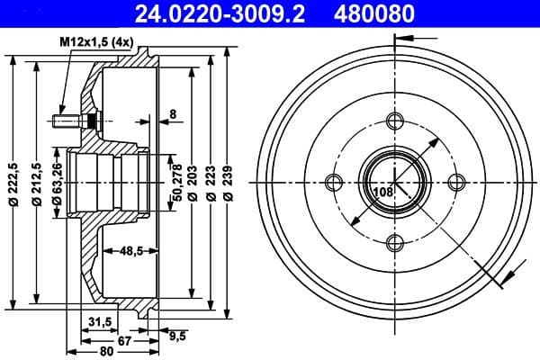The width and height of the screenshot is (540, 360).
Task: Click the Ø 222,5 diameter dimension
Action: tap(13, 184)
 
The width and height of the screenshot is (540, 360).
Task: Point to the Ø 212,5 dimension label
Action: tap(36, 184)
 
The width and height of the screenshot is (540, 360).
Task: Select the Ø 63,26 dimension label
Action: tap(58, 184)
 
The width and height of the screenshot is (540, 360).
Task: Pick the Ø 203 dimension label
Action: tap(193, 184)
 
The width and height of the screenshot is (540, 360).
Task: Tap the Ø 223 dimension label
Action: tap(211, 184)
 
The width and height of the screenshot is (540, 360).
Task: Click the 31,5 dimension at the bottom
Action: tap(100, 321)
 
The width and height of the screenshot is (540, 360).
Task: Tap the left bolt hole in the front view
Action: tap(334, 184)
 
